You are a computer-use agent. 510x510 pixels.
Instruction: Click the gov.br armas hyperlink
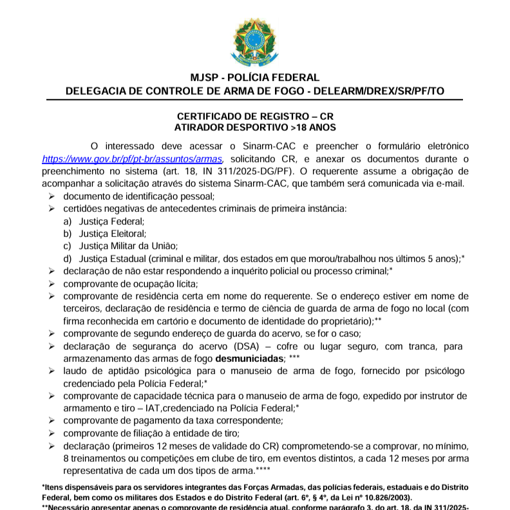pos(132,158)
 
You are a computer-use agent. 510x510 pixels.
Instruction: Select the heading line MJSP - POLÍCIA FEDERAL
pos(254,78)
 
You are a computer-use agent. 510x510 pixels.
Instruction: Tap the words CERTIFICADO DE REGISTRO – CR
pos(254,117)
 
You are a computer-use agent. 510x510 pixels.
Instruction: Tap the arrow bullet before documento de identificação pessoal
pos(52,196)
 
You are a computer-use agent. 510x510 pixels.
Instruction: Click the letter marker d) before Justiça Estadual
pos(67,258)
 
